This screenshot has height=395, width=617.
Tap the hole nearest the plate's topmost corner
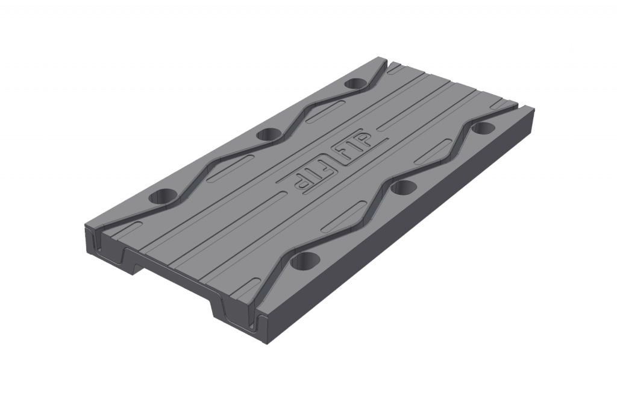(357, 83)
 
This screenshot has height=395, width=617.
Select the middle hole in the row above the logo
(266, 134)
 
